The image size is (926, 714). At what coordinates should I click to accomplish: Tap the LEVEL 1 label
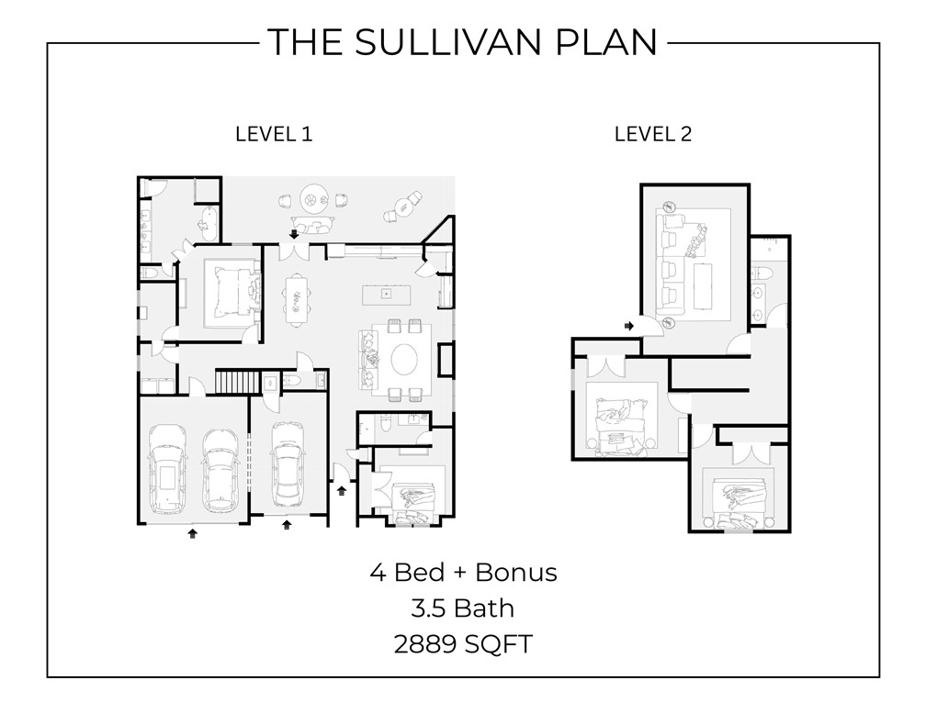coord(274,134)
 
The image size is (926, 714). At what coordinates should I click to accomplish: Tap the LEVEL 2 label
coord(652,134)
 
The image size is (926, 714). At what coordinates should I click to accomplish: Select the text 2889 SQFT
coord(463,643)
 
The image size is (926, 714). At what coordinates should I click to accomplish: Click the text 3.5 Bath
coord(463,608)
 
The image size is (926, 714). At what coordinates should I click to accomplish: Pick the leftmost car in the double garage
coord(166,469)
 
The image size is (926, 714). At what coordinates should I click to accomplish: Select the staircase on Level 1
coord(233,381)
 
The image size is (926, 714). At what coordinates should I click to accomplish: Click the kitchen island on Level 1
coord(386,294)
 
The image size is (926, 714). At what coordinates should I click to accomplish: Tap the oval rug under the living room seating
coord(404,359)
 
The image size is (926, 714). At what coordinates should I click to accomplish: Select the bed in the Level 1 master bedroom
coord(225,292)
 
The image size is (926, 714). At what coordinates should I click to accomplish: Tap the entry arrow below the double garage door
coord(192,531)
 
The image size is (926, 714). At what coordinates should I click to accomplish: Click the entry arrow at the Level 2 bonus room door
coord(630,326)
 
